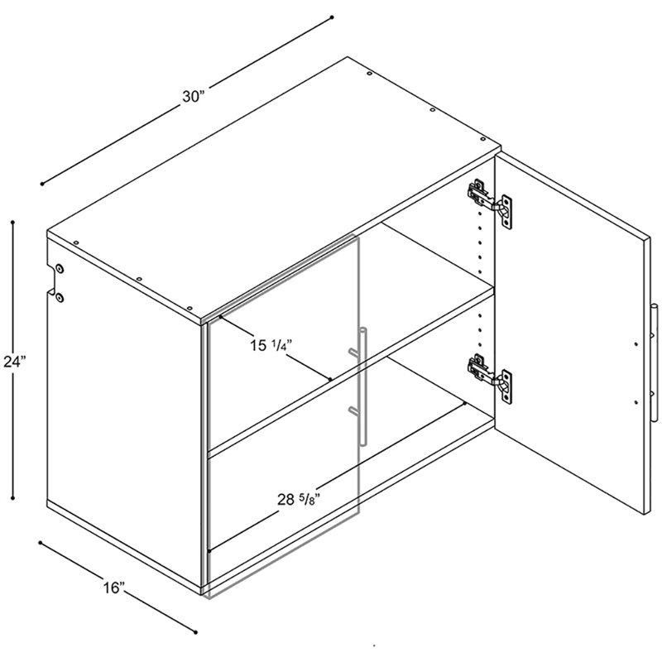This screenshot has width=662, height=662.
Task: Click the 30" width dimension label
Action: click(193, 97)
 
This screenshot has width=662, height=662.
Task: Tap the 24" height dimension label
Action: click(15, 362)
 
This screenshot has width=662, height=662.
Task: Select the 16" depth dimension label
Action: click(113, 588)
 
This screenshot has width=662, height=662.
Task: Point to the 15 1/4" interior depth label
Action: click(271, 346)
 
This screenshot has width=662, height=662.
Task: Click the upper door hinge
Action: click(490, 204)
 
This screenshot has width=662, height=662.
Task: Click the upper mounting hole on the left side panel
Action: click(59, 268)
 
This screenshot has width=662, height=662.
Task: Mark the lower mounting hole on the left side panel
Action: click(59, 298)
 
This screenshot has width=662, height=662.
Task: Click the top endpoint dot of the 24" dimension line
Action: click(13, 222)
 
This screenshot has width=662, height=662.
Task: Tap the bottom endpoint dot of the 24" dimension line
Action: click(13, 498)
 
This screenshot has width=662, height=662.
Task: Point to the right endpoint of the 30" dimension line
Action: click(332, 17)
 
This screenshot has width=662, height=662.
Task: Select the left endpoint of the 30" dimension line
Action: click(42, 184)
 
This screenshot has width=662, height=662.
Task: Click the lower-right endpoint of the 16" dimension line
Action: click(195, 632)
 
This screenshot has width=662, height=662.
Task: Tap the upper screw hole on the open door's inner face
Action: click(636, 344)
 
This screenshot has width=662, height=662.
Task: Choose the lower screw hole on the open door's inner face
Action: click(636, 402)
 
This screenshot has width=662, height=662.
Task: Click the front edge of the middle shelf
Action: click(350, 371)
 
